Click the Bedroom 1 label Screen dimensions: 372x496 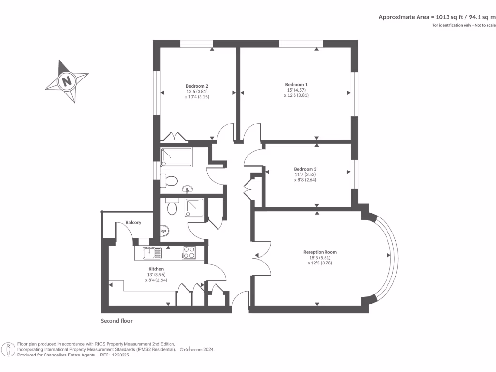296,84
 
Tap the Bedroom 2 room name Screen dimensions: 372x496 197,85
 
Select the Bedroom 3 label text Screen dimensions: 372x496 305,169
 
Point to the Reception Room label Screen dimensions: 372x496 320,252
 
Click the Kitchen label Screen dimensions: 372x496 156,269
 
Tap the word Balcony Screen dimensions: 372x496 134,222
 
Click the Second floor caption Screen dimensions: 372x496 116,321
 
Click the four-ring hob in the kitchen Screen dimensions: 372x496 188,252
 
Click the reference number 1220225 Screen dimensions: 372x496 121,355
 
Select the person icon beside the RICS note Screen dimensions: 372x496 9,349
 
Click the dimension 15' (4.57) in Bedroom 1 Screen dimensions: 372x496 296,90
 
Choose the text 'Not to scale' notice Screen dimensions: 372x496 485,25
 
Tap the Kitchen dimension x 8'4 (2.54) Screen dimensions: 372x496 156,280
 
